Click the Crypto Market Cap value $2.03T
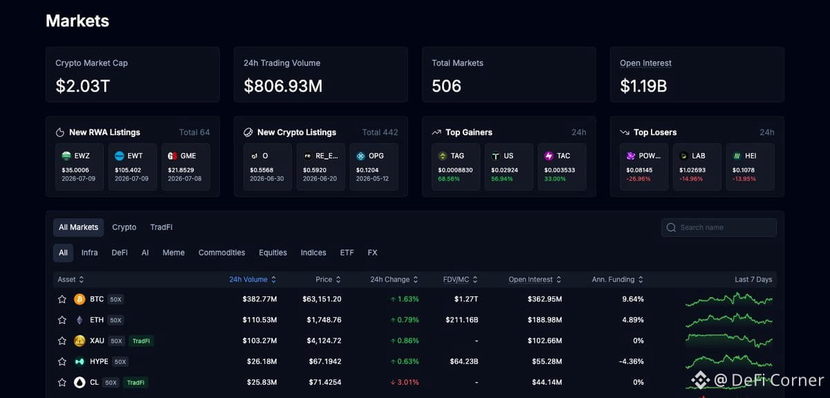82,86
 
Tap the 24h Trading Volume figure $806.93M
283,86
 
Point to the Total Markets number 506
447,86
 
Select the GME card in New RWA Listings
185,167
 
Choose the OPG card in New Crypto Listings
374,167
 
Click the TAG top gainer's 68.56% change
449,179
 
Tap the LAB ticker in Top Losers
699,156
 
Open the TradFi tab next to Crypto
161,227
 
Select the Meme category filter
174,253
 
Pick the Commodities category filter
221,253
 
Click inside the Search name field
719,227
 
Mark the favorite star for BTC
62,299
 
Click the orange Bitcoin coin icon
80,299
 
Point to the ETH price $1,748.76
324,320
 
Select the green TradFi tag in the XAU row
141,341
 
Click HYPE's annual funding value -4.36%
631,361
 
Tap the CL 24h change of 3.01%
405,382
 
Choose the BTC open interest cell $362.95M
545,299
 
